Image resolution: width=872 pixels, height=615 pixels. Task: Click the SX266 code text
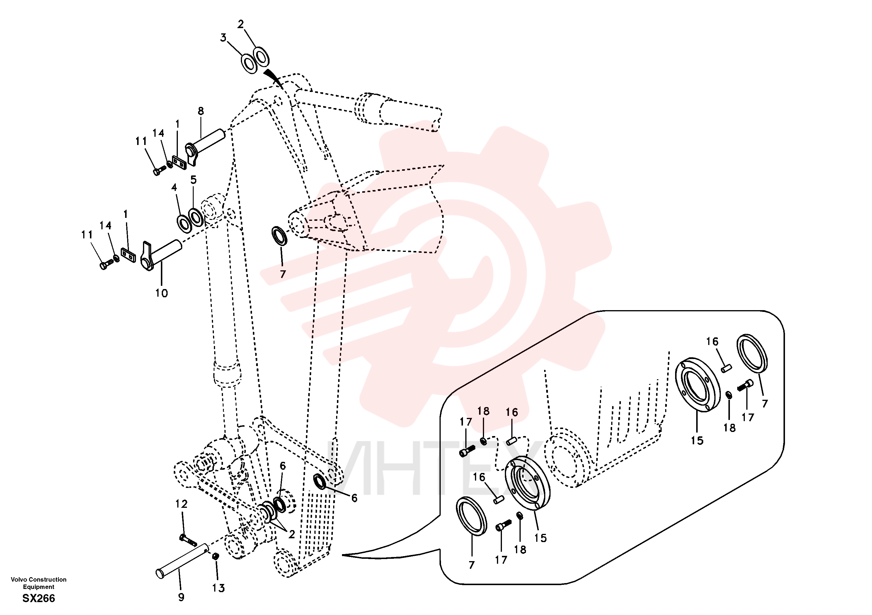pyautogui.click(x=38, y=598)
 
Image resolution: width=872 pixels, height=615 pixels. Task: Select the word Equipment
pyautogui.click(x=38, y=587)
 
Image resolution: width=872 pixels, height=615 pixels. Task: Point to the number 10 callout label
pyautogui.click(x=161, y=293)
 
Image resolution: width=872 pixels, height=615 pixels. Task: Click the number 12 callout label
pyautogui.click(x=182, y=504)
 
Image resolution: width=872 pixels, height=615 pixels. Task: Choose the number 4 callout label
pyautogui.click(x=174, y=187)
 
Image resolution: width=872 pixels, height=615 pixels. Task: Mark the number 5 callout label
pyautogui.click(x=194, y=180)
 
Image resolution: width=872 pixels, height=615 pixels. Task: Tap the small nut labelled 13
pyautogui.click(x=215, y=556)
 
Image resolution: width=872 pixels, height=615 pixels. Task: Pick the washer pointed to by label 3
pyautogui.click(x=249, y=63)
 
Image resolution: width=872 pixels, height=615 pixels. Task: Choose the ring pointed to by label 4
pyautogui.click(x=185, y=223)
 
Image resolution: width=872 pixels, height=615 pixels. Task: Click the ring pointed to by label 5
pyautogui.click(x=196, y=218)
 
